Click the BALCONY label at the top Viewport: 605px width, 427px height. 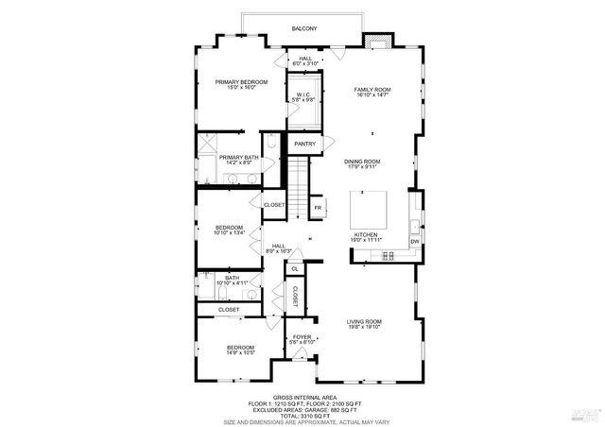[x=304, y=29]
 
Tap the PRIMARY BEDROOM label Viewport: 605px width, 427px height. [x=240, y=82]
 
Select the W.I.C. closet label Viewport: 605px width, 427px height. [x=303, y=94]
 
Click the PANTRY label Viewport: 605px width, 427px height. [x=304, y=144]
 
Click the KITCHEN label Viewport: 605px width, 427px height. [x=367, y=233]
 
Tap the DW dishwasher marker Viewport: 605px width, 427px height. [x=414, y=242]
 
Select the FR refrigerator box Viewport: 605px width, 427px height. [x=319, y=207]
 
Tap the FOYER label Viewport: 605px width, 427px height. [x=301, y=335]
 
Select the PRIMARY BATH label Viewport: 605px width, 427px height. [x=239, y=157]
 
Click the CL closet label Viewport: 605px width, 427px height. [x=295, y=269]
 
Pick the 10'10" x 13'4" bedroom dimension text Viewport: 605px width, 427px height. [x=230, y=233]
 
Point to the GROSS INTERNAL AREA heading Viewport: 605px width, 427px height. [x=303, y=398]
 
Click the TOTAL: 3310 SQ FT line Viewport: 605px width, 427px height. [x=303, y=415]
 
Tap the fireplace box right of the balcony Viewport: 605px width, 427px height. [x=377, y=40]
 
